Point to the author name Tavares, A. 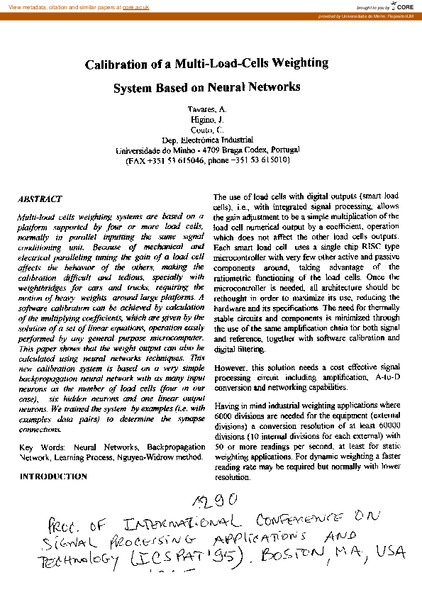pyautogui.click(x=207, y=112)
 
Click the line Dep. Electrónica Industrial pyautogui.click(x=207, y=140)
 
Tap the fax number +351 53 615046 pyautogui.click(x=177, y=161)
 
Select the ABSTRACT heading pyautogui.click(x=40, y=200)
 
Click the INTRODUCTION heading pyautogui.click(x=53, y=476)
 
